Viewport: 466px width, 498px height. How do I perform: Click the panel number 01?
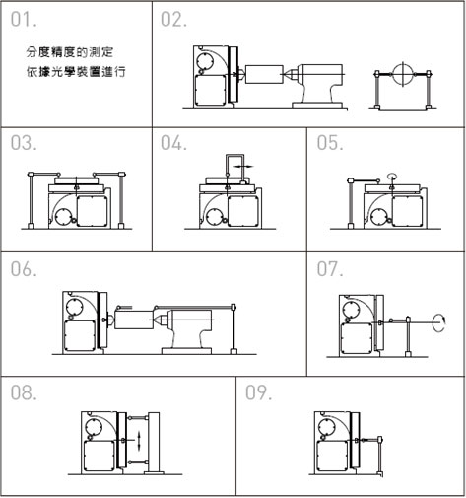(x=24, y=20)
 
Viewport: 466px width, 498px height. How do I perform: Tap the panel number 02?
(x=173, y=20)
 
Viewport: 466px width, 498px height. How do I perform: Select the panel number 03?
(x=24, y=143)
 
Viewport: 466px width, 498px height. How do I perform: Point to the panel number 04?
(x=173, y=143)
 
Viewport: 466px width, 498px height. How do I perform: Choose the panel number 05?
(x=330, y=143)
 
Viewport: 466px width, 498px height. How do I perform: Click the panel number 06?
(x=24, y=269)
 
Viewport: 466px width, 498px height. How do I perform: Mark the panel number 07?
(x=330, y=269)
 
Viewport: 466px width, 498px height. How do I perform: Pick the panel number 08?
(x=24, y=392)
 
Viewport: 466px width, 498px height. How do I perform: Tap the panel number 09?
(x=259, y=392)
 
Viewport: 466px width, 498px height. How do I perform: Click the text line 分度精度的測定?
(x=70, y=52)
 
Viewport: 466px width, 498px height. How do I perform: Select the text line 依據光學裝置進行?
(x=76, y=72)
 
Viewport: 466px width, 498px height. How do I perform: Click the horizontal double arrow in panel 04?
(x=243, y=167)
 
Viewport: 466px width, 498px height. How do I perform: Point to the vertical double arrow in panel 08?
(x=139, y=441)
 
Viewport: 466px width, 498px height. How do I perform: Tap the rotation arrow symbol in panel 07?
(x=439, y=322)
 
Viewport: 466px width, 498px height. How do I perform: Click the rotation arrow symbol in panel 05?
(x=391, y=176)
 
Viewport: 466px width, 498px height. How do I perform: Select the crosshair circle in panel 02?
(x=403, y=74)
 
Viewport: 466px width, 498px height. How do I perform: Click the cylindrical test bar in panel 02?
(x=264, y=74)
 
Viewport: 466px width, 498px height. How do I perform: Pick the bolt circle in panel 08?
(x=94, y=427)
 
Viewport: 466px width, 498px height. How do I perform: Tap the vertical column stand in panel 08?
(x=154, y=443)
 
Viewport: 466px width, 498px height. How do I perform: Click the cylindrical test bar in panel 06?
(x=134, y=320)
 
